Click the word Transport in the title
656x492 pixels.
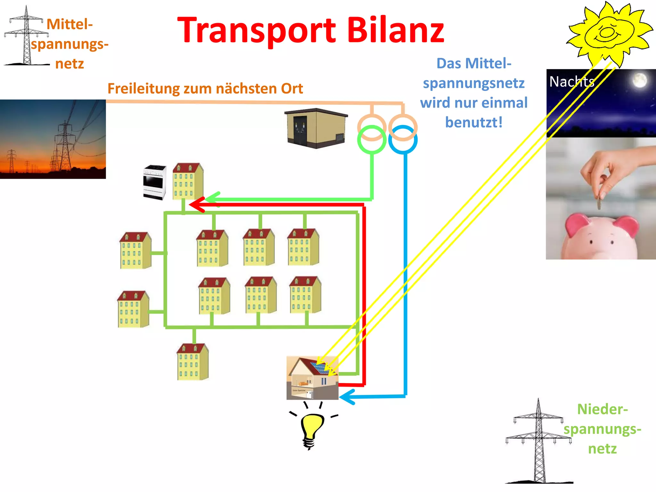(256, 30)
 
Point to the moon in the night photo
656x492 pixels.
(639, 80)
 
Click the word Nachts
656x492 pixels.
(572, 82)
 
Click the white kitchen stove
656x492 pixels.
(154, 182)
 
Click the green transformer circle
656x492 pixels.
(372, 140)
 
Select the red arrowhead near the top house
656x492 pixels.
(196, 204)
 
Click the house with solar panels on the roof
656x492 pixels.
(312, 378)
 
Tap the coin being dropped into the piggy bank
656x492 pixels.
(599, 203)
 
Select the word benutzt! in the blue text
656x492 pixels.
(474, 122)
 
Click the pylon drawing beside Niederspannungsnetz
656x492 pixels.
(538, 442)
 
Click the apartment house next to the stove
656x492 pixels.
(188, 181)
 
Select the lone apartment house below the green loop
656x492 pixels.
(193, 362)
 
